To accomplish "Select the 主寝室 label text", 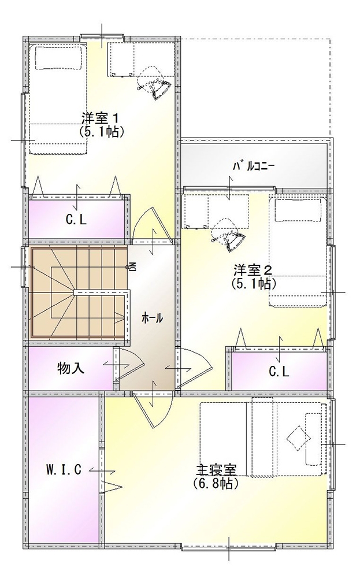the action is tap(216, 470).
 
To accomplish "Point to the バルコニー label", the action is tap(254, 166).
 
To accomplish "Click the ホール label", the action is tap(152, 318).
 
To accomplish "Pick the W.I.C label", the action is tap(64, 469).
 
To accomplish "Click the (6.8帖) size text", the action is tap(216, 483).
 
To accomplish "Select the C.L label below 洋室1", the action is tap(76, 220).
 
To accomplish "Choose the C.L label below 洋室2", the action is tap(279, 372).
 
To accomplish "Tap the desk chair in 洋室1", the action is tap(155, 83).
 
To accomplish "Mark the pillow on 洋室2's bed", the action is tap(297, 211).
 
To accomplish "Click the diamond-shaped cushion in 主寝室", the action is tap(298, 437).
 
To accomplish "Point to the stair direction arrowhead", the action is tap(120, 317).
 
